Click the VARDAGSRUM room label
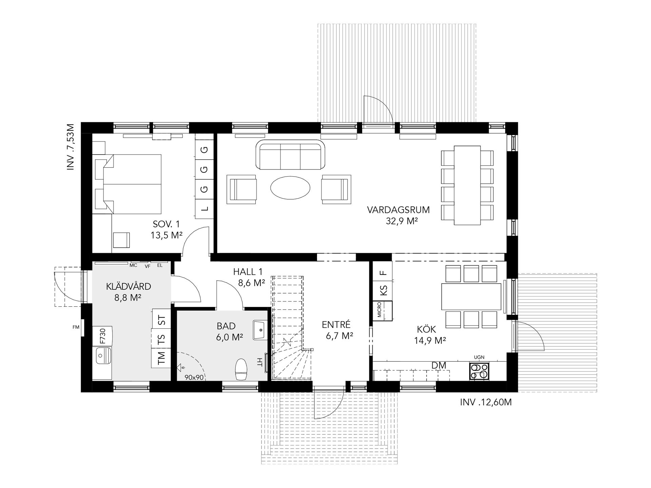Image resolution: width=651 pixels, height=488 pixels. tap(398, 210)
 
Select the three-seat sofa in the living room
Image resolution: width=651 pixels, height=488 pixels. tap(290, 155)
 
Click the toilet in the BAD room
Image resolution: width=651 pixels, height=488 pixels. tap(241, 370)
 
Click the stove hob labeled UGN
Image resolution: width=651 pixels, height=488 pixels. tap(479, 371)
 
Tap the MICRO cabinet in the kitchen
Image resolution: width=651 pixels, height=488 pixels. tap(383, 310)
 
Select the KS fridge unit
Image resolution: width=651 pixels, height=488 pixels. tap(383, 290)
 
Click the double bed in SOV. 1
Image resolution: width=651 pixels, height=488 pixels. tap(128, 184)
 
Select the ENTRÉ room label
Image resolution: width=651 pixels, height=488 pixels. tap(336, 325)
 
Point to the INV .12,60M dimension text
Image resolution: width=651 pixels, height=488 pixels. tap(486, 402)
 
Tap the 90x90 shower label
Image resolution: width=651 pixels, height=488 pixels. tap(194, 377)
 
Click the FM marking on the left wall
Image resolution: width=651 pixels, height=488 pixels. tap(76, 327)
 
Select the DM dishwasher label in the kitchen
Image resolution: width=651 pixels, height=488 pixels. tap(439, 365)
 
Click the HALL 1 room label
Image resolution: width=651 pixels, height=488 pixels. tap(248, 271)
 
